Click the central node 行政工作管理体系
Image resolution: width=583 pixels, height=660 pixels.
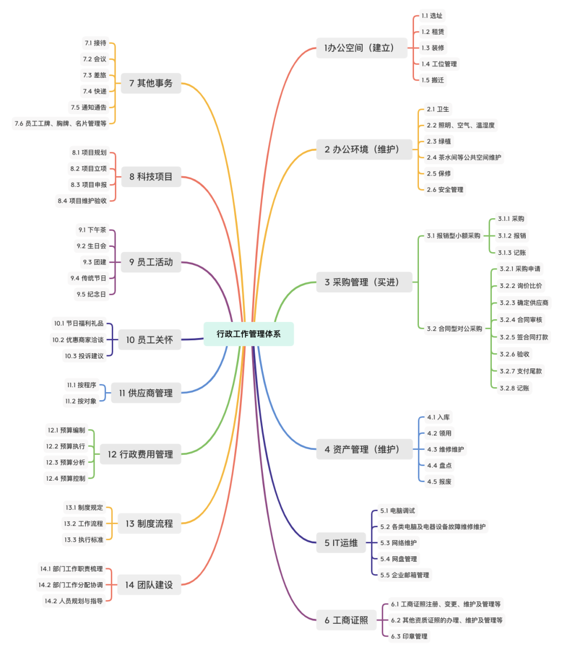tap(248, 334)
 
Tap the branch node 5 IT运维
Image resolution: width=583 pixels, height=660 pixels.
tap(341, 543)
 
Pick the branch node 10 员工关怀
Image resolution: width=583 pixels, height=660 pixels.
tap(150, 340)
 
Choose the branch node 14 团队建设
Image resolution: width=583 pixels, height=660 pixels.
tap(149, 585)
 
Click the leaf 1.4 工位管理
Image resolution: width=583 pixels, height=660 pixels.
tap(439, 64)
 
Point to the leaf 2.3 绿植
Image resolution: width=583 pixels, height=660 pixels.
tap(438, 142)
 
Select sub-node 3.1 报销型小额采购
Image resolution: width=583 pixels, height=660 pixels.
tap(453, 236)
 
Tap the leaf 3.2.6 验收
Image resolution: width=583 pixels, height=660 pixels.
tap(514, 354)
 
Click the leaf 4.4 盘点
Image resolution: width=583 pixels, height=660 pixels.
tap(439, 466)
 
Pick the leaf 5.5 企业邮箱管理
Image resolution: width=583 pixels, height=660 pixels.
tap(404, 575)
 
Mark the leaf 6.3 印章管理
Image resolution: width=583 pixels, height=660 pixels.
tap(409, 636)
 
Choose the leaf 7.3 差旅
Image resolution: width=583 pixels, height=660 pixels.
tap(94, 75)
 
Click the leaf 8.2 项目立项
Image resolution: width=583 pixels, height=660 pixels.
tap(89, 169)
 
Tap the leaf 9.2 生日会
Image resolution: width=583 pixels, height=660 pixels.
tap(91, 246)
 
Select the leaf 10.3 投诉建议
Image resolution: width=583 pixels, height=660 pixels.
tap(84, 356)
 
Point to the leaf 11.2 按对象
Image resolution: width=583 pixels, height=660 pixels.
tap(81, 401)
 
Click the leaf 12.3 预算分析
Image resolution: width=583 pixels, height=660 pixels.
tap(65, 462)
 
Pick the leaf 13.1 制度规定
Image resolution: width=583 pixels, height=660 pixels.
tap(84, 508)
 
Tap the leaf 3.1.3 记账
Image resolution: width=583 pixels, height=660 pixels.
tap(512, 253)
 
